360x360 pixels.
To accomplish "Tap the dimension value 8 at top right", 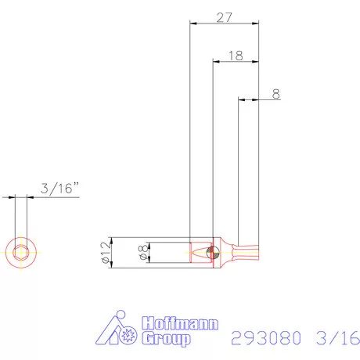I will pyautogui.click(x=275, y=93).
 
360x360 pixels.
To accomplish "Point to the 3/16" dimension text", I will pyautogui.click(x=59, y=188).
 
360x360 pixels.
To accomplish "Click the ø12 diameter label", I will pyautogui.click(x=104, y=253).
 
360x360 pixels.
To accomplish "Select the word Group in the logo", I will pyautogui.click(x=165, y=339).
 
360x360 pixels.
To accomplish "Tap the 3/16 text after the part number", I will pyautogui.click(x=337, y=338).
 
